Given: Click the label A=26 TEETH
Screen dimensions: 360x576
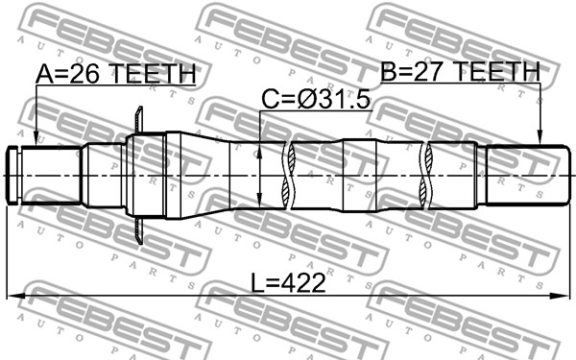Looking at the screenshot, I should tap(116, 74).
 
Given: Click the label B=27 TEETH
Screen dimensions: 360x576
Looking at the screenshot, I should tap(460, 71).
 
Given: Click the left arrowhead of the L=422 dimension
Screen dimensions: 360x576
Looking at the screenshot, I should tap(12, 297).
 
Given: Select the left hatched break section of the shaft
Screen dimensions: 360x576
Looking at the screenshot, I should tap(286, 175).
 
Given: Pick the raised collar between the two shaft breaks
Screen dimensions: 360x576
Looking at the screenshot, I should tap(361, 175).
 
